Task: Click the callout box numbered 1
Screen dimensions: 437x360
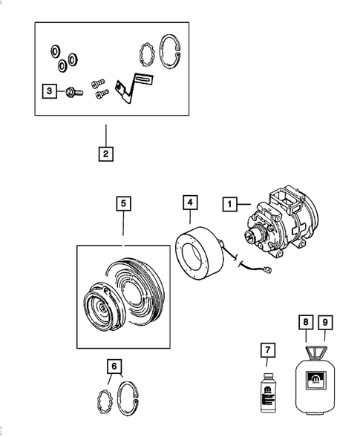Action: point(231,203)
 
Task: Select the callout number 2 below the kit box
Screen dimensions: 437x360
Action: point(106,154)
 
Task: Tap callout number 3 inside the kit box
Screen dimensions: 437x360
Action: point(48,91)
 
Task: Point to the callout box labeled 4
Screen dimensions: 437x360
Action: point(190,203)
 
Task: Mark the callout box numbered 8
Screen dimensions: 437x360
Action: point(306,323)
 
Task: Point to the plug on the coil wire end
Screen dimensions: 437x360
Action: point(276,271)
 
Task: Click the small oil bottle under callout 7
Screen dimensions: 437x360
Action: point(268,390)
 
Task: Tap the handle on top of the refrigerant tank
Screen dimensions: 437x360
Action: point(315,349)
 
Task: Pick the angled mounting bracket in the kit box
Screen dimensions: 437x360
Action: point(130,90)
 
